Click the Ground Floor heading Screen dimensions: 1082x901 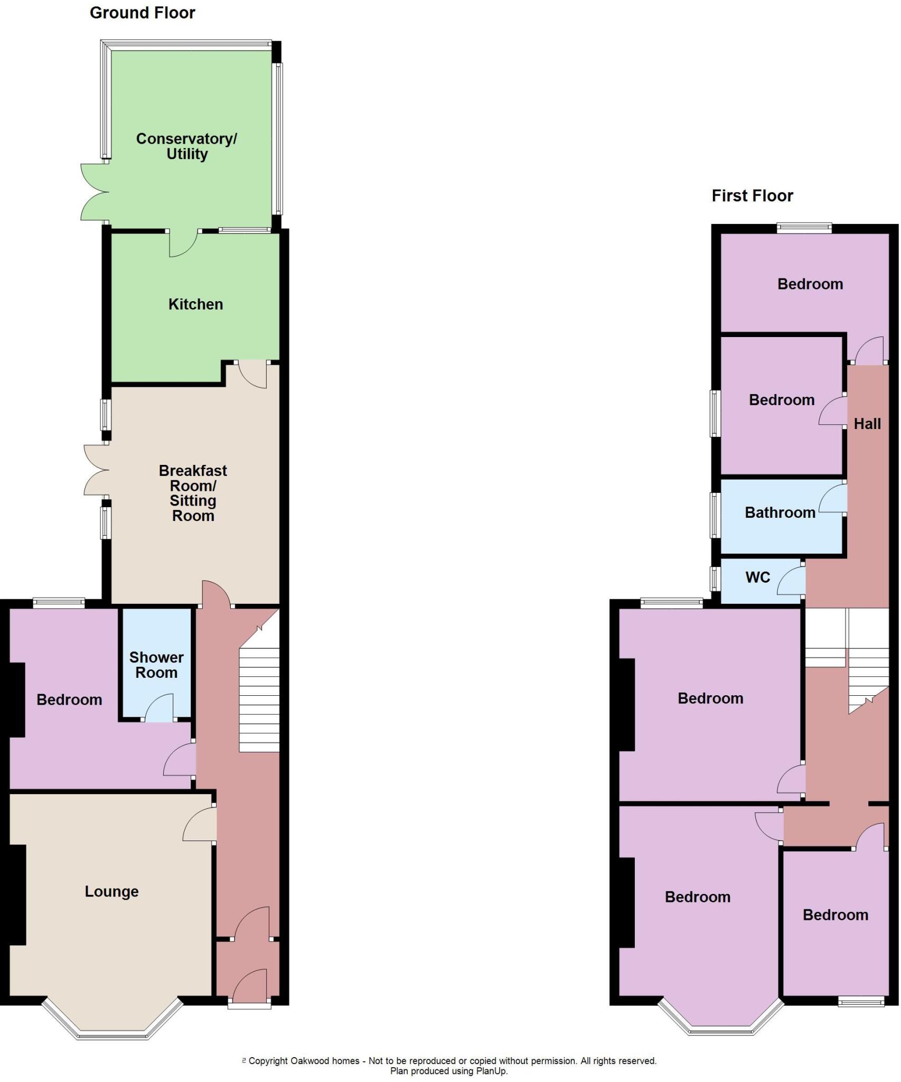[142, 13]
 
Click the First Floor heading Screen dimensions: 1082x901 [752, 196]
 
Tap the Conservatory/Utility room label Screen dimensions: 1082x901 [186, 146]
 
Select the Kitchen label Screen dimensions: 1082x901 [195, 304]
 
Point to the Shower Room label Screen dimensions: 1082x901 [156, 665]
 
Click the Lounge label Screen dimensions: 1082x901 [111, 891]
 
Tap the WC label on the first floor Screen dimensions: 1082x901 [757, 577]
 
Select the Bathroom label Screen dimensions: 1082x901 [780, 512]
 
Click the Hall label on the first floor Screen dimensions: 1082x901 [867, 424]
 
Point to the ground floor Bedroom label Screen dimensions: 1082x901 [69, 699]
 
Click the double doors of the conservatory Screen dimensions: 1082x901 [92, 192]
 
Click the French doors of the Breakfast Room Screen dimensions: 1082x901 [95, 469]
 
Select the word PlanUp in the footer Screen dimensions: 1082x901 [491, 1071]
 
